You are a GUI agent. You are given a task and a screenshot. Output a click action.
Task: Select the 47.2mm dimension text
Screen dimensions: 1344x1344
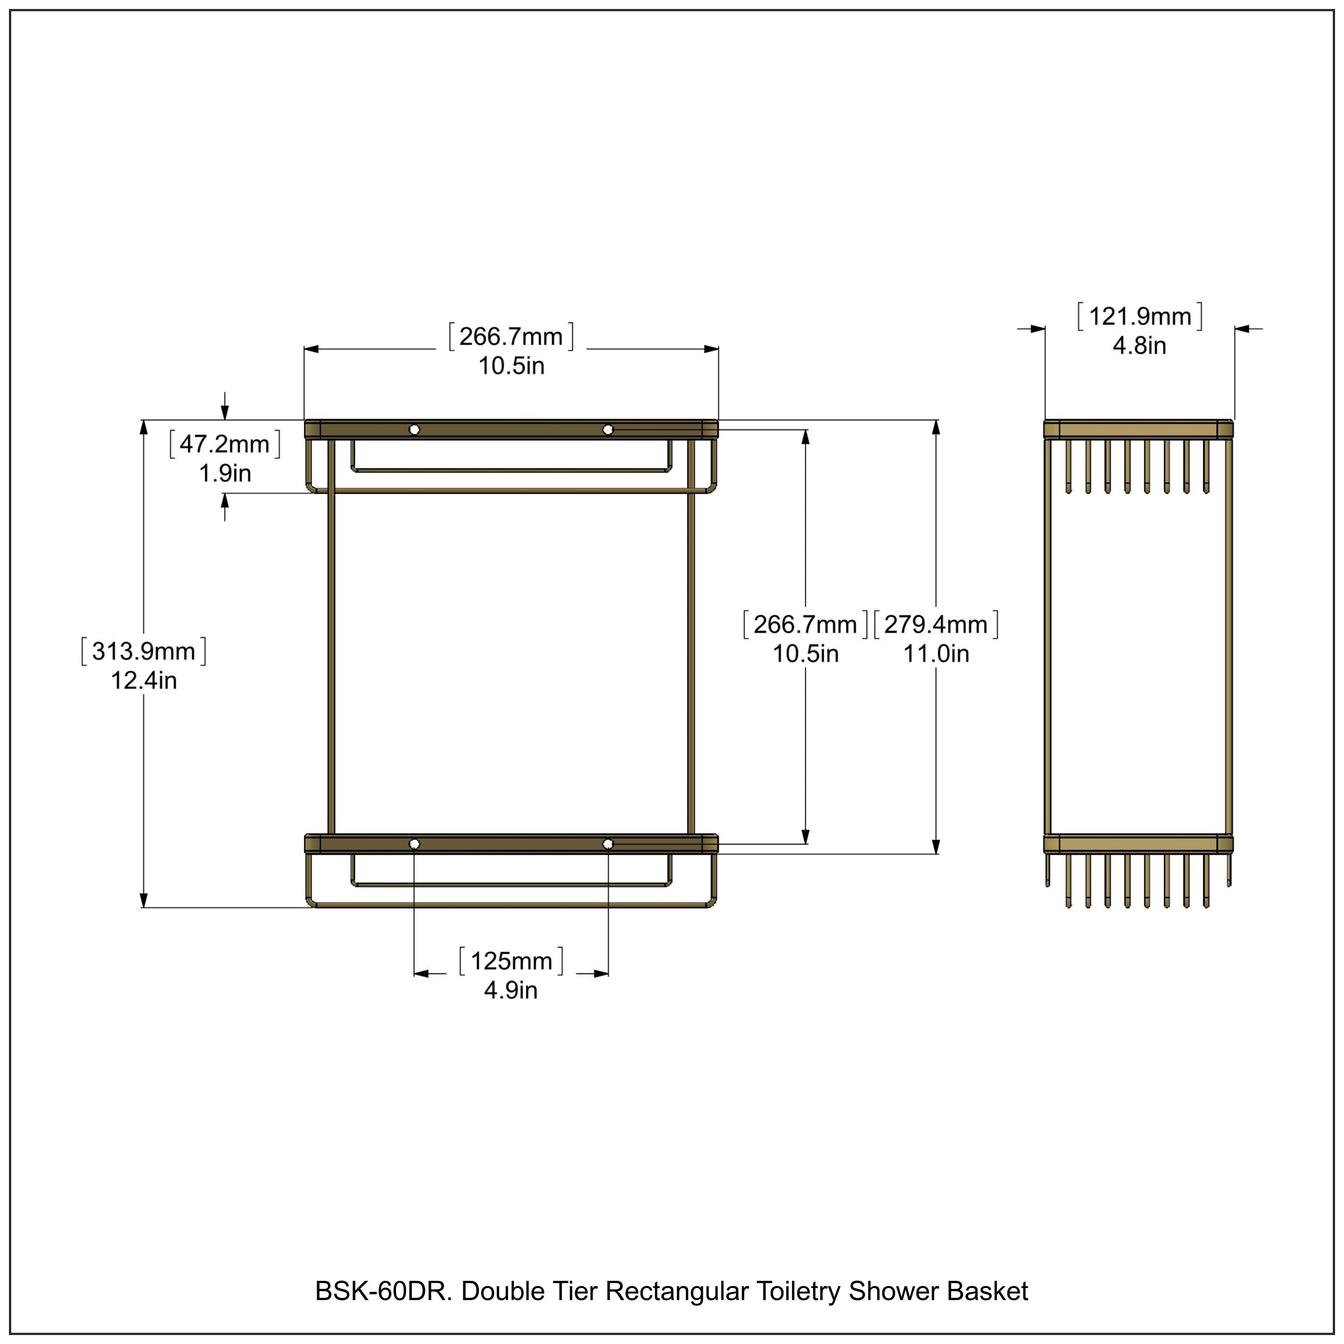point(224,444)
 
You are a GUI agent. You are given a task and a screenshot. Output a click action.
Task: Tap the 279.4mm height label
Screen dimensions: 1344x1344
point(936,624)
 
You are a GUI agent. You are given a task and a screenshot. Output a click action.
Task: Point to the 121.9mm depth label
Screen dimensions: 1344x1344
point(1139,317)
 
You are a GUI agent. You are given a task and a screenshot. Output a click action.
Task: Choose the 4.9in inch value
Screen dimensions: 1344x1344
point(511,990)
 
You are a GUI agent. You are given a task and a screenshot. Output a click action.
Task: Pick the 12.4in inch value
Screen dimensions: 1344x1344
point(144,681)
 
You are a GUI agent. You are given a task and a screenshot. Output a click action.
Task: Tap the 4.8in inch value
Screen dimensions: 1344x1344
point(1139,346)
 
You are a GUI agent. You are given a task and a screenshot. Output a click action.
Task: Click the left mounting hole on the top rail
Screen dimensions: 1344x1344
point(414,429)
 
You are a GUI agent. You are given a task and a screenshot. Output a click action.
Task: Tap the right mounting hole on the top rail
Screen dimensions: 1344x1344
point(608,429)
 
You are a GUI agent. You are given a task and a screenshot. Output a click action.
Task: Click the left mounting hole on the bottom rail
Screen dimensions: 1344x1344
point(414,844)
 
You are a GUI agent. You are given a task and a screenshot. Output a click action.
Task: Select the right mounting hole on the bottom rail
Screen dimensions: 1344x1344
point(608,844)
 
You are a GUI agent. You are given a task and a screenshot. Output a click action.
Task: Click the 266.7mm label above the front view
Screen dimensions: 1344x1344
point(511,337)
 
